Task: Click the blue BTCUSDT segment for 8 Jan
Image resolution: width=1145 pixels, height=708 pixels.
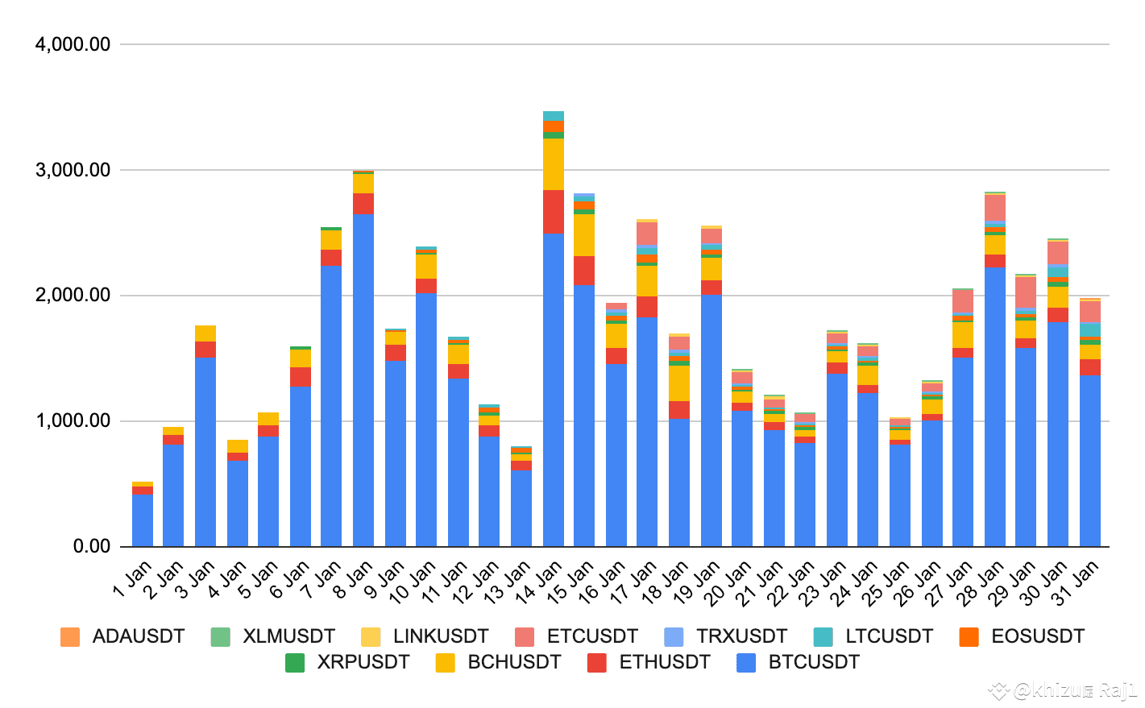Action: point(363,379)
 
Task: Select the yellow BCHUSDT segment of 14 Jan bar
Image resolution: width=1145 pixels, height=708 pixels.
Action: point(554,164)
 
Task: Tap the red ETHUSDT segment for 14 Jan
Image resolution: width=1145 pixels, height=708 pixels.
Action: point(554,212)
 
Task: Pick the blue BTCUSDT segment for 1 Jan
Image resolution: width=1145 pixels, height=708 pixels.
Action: point(143,520)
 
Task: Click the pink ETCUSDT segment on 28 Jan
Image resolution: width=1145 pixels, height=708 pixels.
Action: point(995,207)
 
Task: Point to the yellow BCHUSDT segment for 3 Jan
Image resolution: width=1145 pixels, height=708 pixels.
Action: point(205,333)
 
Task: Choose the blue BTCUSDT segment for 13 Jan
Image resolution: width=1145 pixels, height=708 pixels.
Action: point(521,507)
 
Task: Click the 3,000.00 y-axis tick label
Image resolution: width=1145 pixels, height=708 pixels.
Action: point(73,170)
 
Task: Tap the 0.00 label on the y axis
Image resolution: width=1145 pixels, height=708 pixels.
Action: point(91,546)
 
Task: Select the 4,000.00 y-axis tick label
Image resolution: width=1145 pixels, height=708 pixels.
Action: point(73,44)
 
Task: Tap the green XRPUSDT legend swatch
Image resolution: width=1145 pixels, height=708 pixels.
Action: point(295,663)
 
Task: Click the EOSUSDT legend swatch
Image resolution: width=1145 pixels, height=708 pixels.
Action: point(969,637)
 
